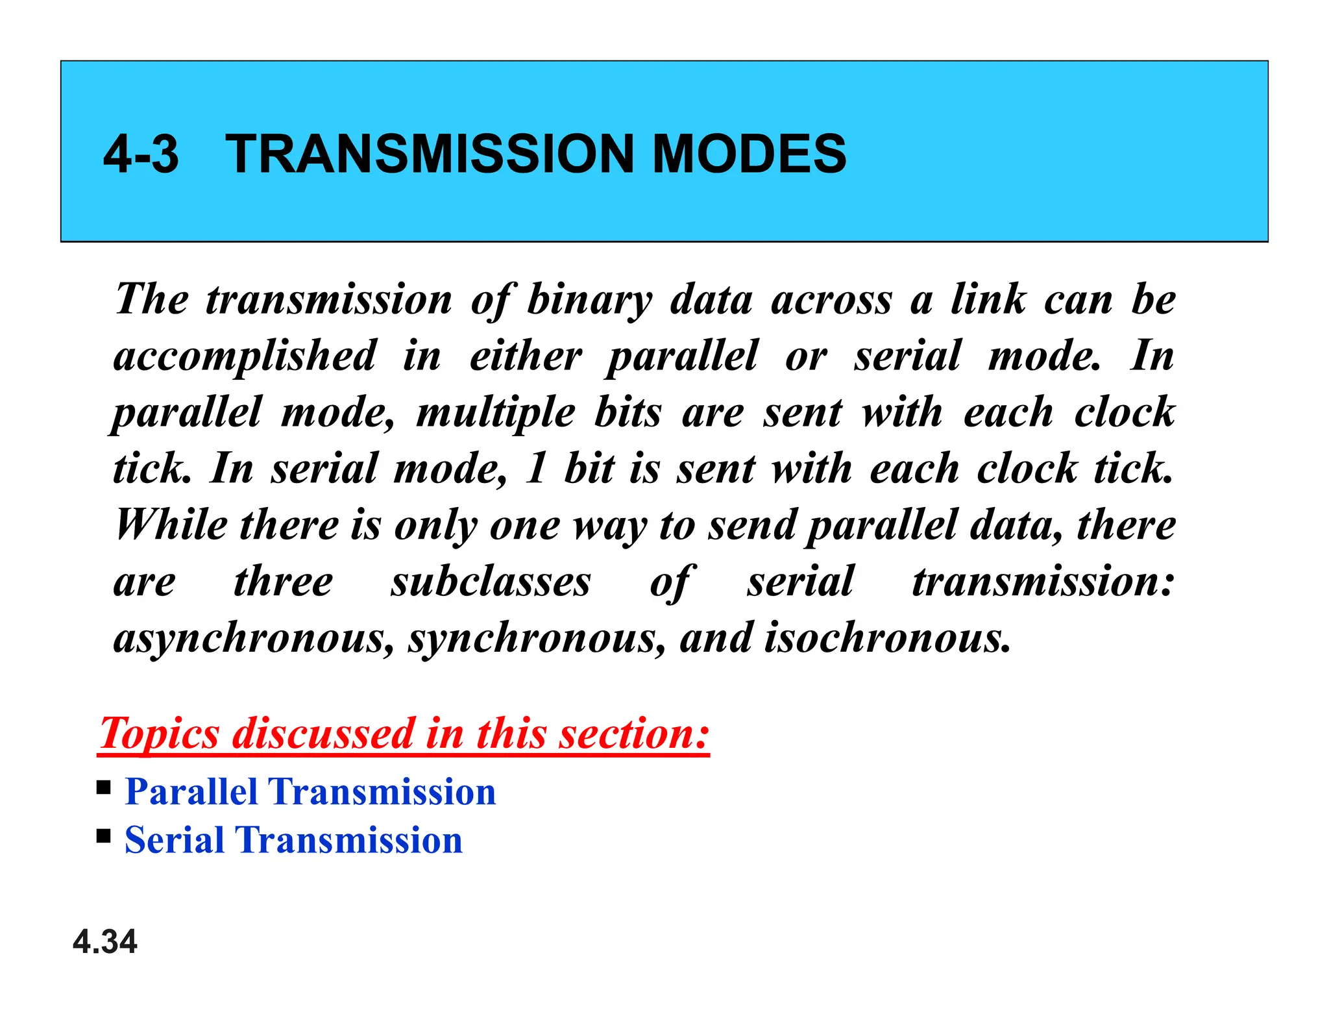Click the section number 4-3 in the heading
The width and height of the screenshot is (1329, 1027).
(141, 154)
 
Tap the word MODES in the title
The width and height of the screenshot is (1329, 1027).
(749, 154)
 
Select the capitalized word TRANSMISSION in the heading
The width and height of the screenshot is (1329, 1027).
(429, 154)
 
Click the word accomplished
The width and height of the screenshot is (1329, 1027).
(245, 356)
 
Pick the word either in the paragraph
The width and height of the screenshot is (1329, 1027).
(526, 356)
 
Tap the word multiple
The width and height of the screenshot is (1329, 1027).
(496, 413)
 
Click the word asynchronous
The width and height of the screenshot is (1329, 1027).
(253, 638)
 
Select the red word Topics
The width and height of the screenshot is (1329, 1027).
(160, 734)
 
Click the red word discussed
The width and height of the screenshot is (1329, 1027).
(324, 734)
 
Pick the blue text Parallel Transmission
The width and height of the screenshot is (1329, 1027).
(310, 791)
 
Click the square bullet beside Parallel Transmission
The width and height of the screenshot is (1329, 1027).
(103, 788)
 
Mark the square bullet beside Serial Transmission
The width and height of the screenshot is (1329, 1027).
(103, 835)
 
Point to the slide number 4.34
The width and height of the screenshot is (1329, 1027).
(105, 941)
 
